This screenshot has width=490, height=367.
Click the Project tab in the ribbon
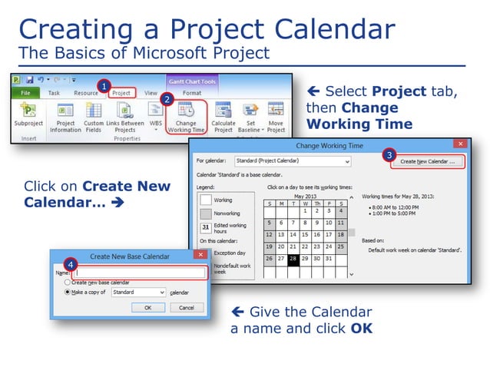click(x=121, y=93)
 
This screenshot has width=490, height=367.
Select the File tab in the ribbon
click(x=25, y=93)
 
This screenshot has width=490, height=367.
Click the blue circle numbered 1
click(x=104, y=85)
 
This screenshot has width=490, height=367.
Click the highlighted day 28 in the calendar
click(x=293, y=259)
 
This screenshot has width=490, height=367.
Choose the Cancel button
click(x=187, y=306)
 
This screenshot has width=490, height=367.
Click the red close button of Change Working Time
click(x=459, y=143)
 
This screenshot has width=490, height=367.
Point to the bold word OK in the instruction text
click(x=361, y=329)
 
